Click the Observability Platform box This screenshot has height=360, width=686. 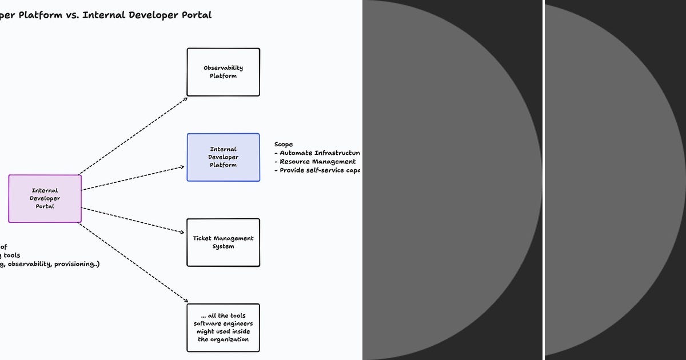(x=223, y=72)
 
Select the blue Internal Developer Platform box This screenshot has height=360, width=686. (x=223, y=157)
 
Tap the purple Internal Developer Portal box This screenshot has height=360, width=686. (x=45, y=198)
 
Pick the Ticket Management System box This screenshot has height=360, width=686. (x=223, y=242)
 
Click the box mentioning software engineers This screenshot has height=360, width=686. (x=223, y=327)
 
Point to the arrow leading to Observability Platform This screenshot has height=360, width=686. (x=133, y=135)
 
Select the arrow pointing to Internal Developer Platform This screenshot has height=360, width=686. (x=133, y=178)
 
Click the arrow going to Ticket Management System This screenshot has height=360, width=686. (x=133, y=220)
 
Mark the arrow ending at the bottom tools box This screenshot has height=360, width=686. (x=133, y=262)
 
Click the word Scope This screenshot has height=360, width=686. (x=284, y=145)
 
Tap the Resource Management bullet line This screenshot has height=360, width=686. (x=315, y=162)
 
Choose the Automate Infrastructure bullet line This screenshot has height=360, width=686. (x=317, y=153)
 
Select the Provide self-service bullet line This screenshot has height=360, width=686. (x=317, y=170)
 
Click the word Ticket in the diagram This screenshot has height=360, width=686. (x=203, y=238)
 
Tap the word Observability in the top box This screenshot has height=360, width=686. (x=223, y=68)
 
